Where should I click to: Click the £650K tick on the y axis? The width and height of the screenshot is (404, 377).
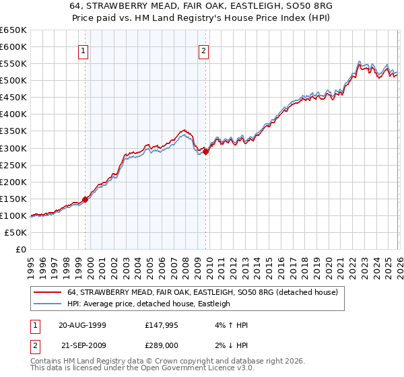pos(13,30)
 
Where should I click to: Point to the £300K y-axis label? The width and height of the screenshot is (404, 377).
pos(13,148)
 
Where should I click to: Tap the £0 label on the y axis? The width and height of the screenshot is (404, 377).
pos(21,250)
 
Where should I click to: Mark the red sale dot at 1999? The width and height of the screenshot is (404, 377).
pos(86,199)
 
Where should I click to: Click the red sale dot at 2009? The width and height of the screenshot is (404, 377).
pos(206,151)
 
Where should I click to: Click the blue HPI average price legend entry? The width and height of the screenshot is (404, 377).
pos(148,304)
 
